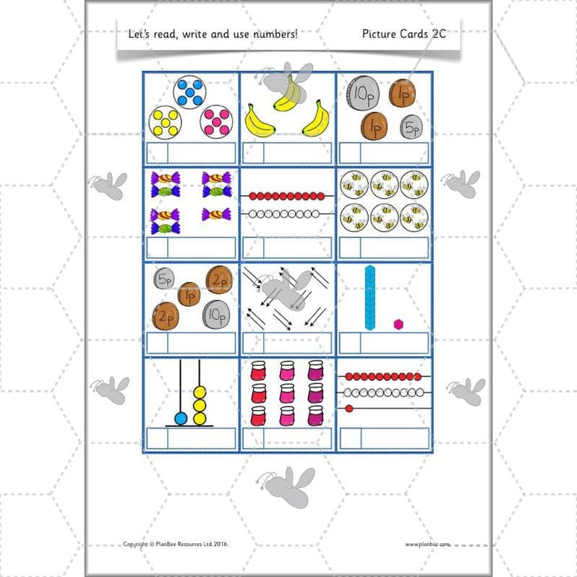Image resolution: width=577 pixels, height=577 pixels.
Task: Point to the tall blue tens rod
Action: click(x=370, y=296)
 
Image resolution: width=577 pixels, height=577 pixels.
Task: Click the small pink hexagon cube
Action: click(x=397, y=323)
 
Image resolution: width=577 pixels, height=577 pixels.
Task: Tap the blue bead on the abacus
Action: click(x=180, y=417)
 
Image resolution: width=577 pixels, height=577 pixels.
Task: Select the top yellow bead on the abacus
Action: click(x=200, y=393)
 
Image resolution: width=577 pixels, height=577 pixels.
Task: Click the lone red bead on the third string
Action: click(x=349, y=409)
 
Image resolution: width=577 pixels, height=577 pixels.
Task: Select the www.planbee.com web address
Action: click(x=427, y=544)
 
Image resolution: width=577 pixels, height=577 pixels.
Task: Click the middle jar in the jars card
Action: click(x=287, y=393)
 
